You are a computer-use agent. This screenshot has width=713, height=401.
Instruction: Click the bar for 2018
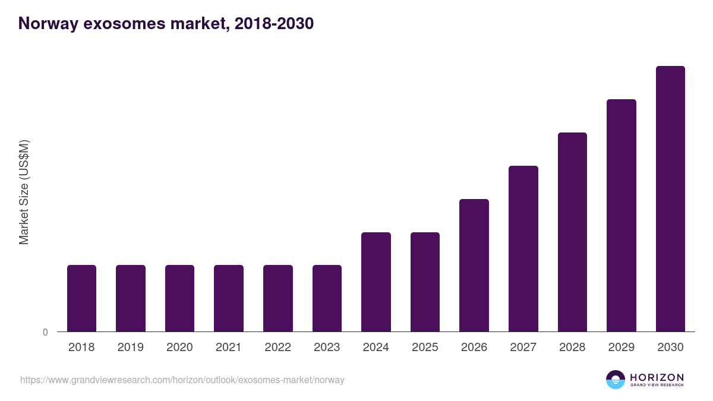tap(81, 298)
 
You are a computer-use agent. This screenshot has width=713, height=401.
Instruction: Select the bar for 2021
tap(229, 298)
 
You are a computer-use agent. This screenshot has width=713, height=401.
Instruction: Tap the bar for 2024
tap(376, 282)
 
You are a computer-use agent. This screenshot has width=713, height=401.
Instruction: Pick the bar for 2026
tap(474, 265)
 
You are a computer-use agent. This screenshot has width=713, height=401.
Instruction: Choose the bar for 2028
tap(572, 232)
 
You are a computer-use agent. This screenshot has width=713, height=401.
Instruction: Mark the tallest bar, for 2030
tap(670, 198)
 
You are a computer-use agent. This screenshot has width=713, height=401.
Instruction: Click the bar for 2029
tap(621, 215)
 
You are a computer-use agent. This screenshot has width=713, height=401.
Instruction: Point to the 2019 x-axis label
tap(130, 348)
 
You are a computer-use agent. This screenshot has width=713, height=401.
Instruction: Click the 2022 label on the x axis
tap(277, 348)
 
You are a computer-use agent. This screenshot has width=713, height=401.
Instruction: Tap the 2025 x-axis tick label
tap(425, 348)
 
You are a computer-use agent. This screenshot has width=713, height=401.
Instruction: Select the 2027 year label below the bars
tap(523, 348)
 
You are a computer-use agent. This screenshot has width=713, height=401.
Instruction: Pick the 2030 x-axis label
tap(670, 348)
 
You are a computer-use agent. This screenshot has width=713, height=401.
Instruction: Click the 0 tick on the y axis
tap(45, 332)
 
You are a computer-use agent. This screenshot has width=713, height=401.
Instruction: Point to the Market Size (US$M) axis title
tap(24, 192)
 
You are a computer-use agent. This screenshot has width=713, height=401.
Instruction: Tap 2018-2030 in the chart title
tap(274, 24)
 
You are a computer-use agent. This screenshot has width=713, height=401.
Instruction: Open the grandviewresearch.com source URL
tap(182, 380)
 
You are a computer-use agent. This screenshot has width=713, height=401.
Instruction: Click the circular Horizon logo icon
tap(616, 380)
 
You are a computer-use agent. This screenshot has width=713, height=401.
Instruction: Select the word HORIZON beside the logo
tap(657, 377)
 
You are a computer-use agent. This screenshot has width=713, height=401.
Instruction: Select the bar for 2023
tap(327, 298)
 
